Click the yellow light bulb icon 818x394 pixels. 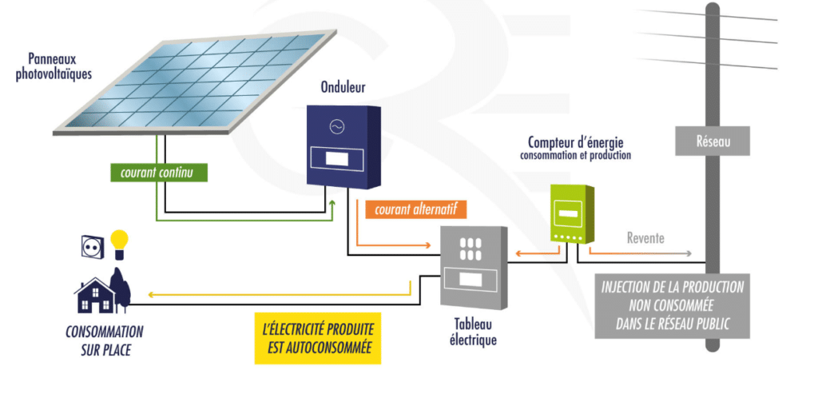[x=119, y=243]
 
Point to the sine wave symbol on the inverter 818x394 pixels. [x=336, y=127]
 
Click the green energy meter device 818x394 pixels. [x=572, y=213]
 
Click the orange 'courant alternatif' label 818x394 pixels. [x=415, y=209]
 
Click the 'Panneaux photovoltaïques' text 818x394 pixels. [x=60, y=66]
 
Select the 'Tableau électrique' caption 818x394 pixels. [x=473, y=332]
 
